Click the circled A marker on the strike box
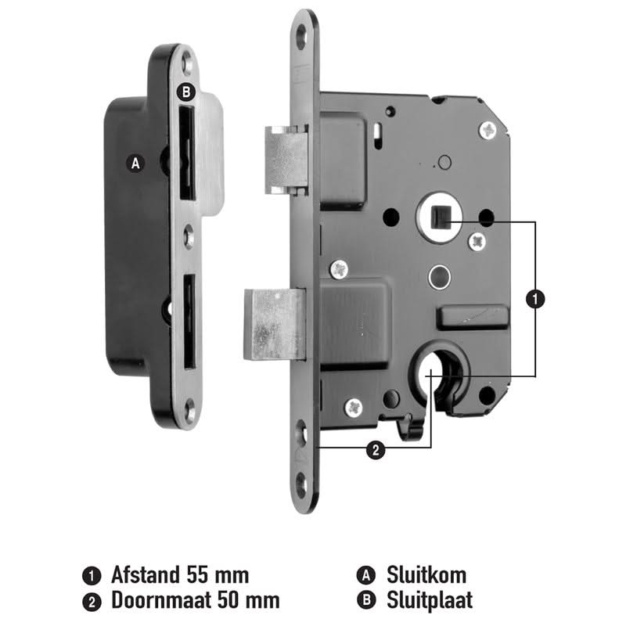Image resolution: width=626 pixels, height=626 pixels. pos(135,164)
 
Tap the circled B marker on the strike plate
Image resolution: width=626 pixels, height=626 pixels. pos(186,92)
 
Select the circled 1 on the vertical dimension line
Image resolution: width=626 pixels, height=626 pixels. pos(535,299)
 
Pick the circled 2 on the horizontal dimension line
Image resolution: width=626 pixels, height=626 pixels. pos(376,451)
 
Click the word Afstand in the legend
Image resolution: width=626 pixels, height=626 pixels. pos(146,575)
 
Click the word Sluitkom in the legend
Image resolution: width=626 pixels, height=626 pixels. pos(426,575)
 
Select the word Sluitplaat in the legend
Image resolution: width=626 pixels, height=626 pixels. pos(430,600)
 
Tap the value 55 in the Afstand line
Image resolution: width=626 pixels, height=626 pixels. pos(198,575)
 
